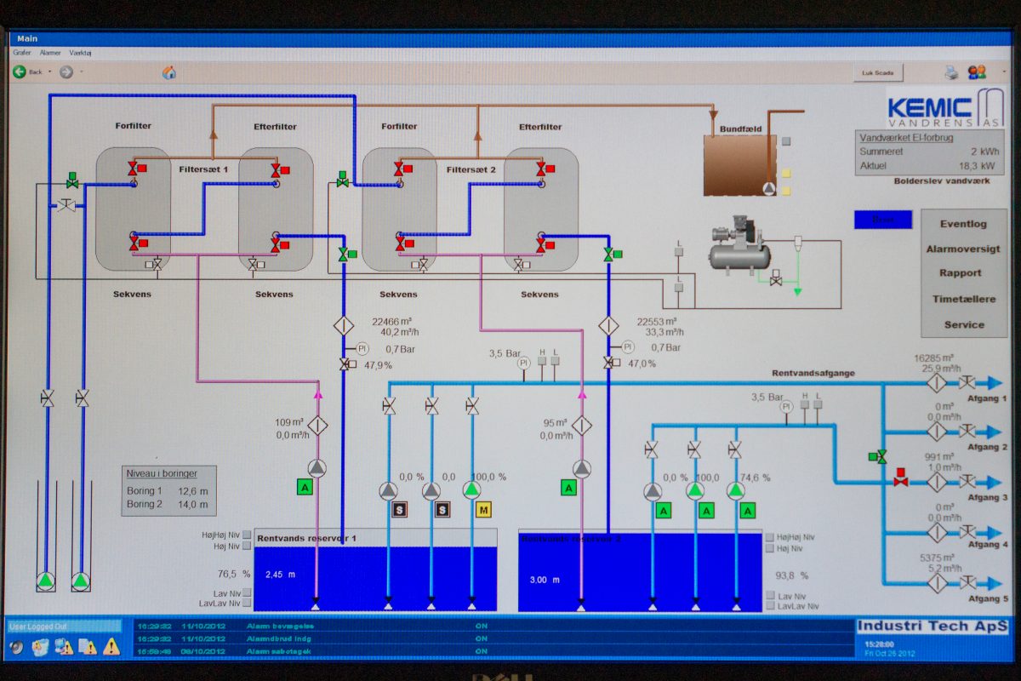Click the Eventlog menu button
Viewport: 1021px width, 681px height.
[x=963, y=224]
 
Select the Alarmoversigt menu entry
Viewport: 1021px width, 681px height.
[x=963, y=249]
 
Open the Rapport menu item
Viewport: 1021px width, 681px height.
[x=963, y=273]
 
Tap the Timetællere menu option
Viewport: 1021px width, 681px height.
[x=963, y=299]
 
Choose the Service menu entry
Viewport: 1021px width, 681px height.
[x=963, y=324]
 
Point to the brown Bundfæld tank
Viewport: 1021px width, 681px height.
[x=739, y=164]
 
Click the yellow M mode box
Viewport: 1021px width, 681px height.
[x=484, y=510]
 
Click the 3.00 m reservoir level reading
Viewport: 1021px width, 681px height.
[x=545, y=580]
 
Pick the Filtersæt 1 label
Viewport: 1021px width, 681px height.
[x=203, y=169]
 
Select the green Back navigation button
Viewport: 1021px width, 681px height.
[x=20, y=72]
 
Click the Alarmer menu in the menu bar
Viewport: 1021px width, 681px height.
[x=50, y=53]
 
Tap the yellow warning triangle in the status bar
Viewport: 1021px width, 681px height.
[x=111, y=647]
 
